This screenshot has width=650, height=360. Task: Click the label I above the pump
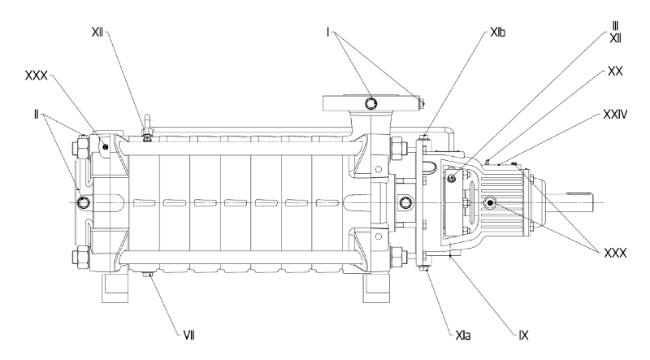[x=328, y=33]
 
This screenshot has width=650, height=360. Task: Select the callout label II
[x=36, y=115]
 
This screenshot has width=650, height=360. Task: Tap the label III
[x=615, y=26]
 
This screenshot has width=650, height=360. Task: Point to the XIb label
[x=497, y=33]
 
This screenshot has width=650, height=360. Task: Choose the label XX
[x=615, y=72]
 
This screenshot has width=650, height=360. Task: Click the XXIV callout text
[x=615, y=114]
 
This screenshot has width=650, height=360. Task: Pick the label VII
[x=188, y=335]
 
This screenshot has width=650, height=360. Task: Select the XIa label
[x=463, y=335]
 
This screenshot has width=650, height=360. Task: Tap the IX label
[x=523, y=335]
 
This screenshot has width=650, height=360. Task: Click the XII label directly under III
[x=615, y=38]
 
